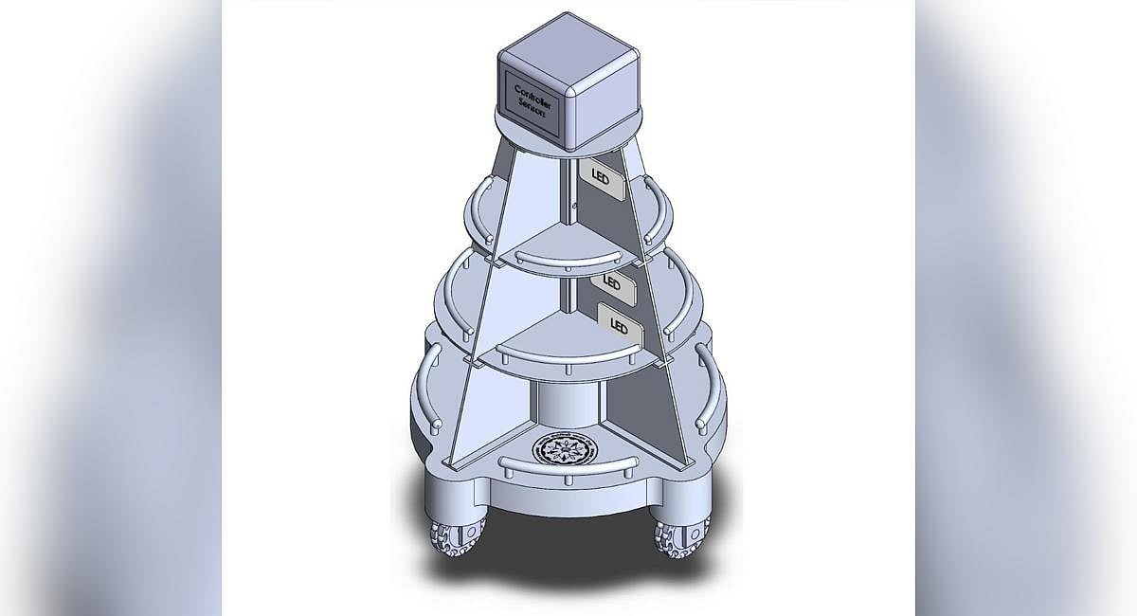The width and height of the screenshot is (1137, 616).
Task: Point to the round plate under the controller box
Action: [x=606, y=137]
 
